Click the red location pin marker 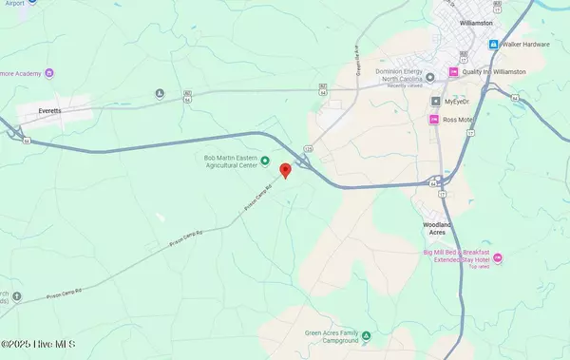coord(285,171)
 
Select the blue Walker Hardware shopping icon coord(493,45)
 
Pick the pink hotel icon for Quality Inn coord(453,72)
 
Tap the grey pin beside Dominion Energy coord(428,74)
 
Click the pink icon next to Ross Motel coord(435,120)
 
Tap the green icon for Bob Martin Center coord(265,161)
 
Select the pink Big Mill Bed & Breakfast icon coord(499,257)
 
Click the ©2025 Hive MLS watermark coord(38,347)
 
